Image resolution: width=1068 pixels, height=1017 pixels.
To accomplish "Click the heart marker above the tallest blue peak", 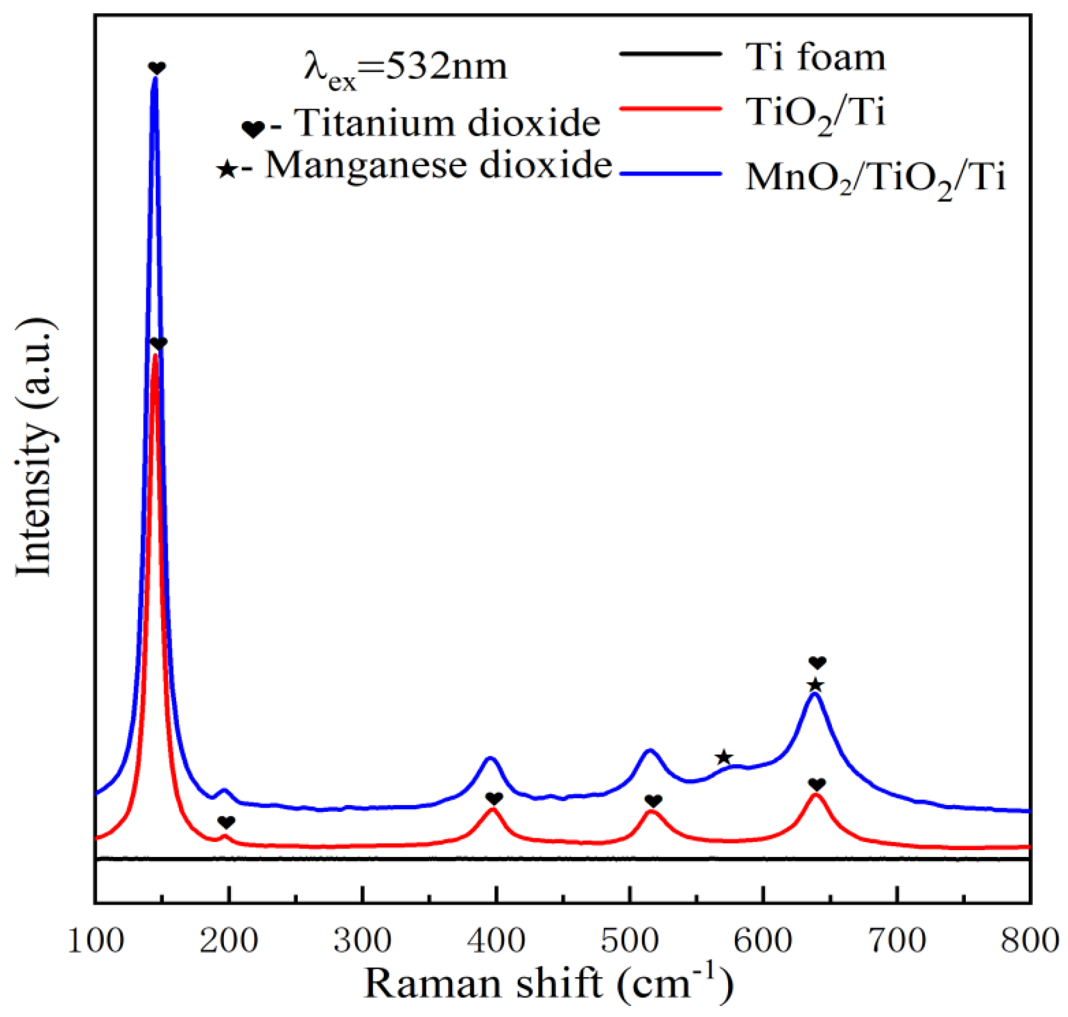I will click(x=157, y=68).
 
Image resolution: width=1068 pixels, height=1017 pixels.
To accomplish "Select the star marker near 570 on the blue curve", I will click(x=724, y=758).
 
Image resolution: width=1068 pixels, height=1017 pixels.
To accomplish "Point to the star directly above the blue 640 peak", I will click(x=815, y=685).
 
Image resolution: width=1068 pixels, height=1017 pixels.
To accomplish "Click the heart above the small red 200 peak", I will click(x=226, y=822).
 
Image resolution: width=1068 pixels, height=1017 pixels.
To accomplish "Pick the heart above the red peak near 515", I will click(x=653, y=801).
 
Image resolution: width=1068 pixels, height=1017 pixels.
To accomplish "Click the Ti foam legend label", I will click(x=816, y=57).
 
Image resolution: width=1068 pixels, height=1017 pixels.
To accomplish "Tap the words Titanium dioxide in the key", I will click(x=447, y=124).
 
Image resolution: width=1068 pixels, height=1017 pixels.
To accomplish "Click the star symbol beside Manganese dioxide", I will click(x=226, y=170).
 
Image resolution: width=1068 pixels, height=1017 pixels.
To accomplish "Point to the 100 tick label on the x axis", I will click(x=95, y=941).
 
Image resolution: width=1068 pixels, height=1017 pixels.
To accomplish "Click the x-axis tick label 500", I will click(x=629, y=941).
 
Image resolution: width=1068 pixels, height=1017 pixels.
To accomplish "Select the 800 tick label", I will click(x=1029, y=941).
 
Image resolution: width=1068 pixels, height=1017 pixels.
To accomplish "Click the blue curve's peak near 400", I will click(x=490, y=758).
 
